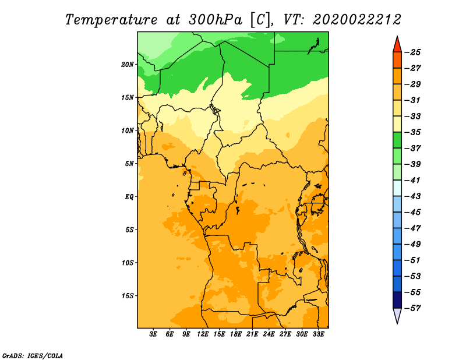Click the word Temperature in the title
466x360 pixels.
[x=111, y=20]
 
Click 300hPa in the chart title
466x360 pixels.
[x=216, y=20]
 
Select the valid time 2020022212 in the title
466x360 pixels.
[x=357, y=20]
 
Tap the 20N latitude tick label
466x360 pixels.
[x=128, y=65]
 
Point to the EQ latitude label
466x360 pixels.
[x=129, y=197]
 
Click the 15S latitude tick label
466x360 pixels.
[x=128, y=296]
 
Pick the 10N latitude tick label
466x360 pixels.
[x=128, y=130]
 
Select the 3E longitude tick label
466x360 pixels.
[x=153, y=334]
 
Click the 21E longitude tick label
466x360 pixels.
[x=252, y=334]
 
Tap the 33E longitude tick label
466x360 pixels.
[x=318, y=334]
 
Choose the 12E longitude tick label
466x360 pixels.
[x=203, y=334]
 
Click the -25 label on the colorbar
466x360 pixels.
[x=412, y=52]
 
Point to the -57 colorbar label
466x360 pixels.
[x=412, y=308]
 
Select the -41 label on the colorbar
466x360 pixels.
[x=412, y=181]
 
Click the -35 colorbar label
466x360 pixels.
[x=412, y=132]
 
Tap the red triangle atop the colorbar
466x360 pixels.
[x=397, y=45]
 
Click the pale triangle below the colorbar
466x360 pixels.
[x=397, y=315]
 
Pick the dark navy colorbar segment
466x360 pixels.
[x=397, y=300]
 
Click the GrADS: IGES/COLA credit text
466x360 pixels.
[x=33, y=356]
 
